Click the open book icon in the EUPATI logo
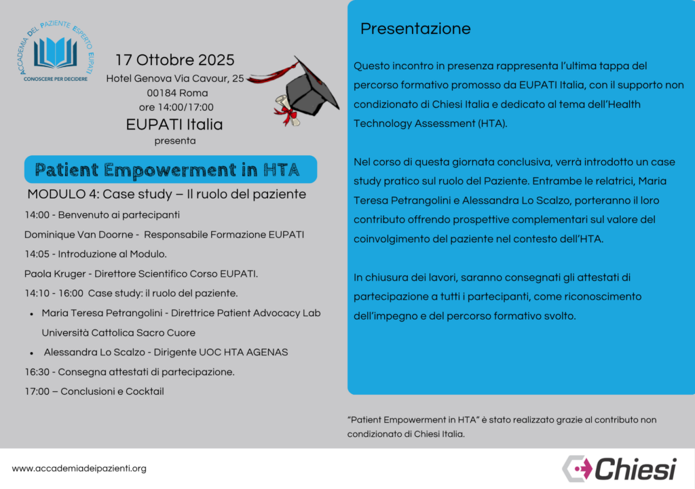pyautogui.click(x=56, y=52)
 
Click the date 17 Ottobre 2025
pyautogui.click(x=174, y=60)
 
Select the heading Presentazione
pyautogui.click(x=415, y=28)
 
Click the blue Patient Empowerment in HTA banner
pyautogui.click(x=170, y=169)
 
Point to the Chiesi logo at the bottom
pyautogui.click(x=619, y=468)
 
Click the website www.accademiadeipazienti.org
pyautogui.click(x=79, y=468)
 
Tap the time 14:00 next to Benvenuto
pyautogui.click(x=37, y=215)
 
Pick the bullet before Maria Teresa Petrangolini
pyautogui.click(x=33, y=314)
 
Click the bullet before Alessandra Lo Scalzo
pyautogui.click(x=33, y=353)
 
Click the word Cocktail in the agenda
pyautogui.click(x=145, y=391)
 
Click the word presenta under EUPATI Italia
pyautogui.click(x=174, y=141)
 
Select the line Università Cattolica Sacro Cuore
pyautogui.click(x=118, y=333)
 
